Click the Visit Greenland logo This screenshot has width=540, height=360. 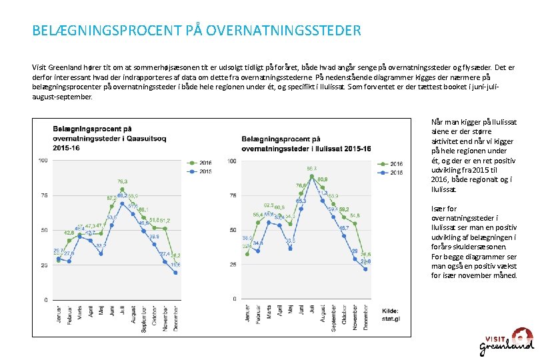tap(507, 341)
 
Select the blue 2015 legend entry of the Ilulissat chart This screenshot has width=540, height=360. tap(391, 172)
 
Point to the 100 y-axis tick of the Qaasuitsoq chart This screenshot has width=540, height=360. tap(43, 161)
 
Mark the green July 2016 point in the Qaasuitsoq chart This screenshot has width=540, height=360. tap(122, 189)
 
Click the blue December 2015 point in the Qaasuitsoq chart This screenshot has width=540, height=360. tap(175, 272)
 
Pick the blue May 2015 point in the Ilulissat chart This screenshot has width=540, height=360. tap(290, 249)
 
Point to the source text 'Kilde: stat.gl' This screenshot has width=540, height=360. tap(390, 314)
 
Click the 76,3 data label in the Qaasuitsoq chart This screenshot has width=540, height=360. tap(123, 181)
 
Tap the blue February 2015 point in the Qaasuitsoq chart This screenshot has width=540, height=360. tap(69, 261)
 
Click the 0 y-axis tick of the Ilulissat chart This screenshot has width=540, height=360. tap(232, 299)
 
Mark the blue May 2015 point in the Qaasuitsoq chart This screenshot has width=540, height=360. tap(101, 253)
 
